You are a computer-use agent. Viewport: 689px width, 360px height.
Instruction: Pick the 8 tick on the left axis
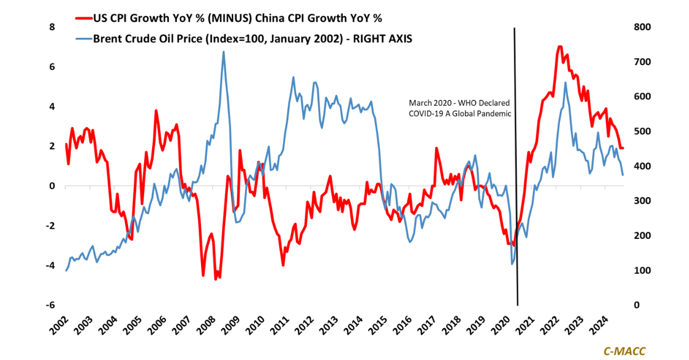point(52,28)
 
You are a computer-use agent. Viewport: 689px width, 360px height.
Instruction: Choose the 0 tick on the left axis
point(52,186)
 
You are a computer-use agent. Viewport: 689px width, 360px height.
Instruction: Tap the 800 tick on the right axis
point(642,28)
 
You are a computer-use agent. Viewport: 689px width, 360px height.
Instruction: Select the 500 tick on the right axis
point(642,131)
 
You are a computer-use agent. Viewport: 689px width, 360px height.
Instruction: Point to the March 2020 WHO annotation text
point(459,108)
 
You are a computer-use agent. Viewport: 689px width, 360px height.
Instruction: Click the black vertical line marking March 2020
point(516,172)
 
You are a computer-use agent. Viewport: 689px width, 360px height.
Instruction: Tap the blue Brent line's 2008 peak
point(223,52)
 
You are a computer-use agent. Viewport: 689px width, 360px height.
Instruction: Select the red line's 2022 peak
point(559,47)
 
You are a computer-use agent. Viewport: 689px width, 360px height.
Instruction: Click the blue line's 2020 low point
point(512,264)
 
